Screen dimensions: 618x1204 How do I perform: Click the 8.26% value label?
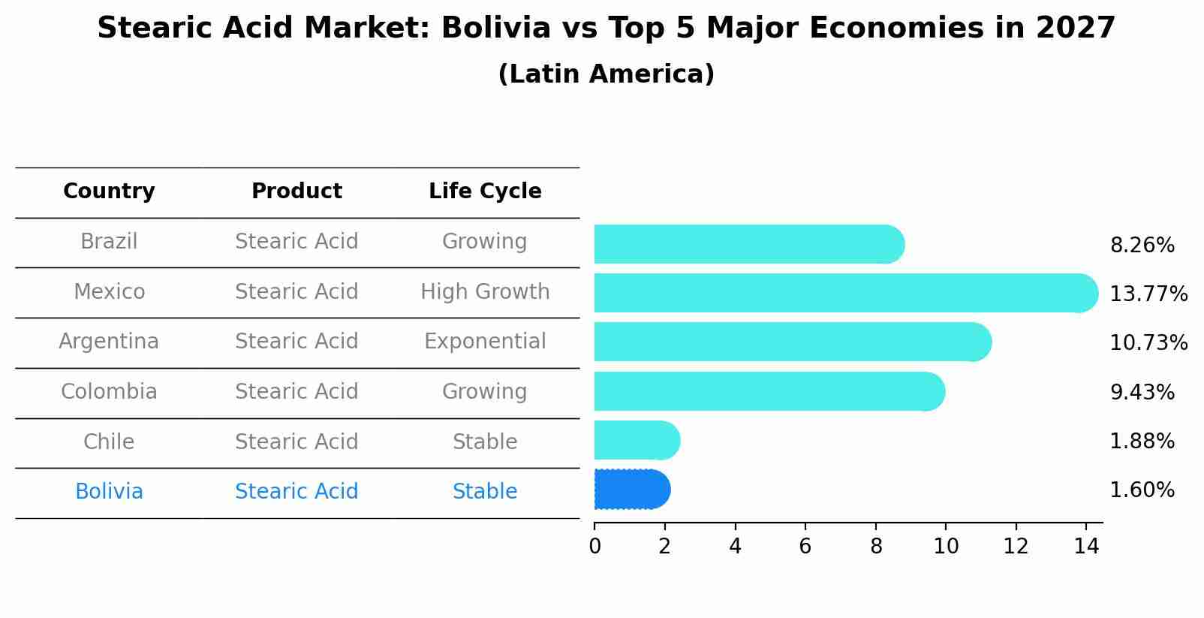pos(1142,246)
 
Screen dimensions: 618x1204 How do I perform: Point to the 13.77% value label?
pos(1148,294)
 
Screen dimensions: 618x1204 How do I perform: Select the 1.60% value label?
pos(1142,490)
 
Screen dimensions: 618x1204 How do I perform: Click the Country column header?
pos(109,191)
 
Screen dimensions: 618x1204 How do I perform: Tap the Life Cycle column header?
pos(485,191)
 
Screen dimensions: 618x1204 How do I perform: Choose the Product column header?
pos(296,191)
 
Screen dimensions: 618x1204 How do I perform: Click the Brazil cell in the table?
pos(109,242)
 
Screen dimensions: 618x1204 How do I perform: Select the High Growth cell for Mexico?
pos(485,291)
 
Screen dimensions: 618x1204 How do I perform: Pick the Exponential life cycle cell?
pos(485,342)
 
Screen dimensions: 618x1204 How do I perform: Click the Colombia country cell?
pos(109,392)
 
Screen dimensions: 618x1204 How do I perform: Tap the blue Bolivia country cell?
pos(109,492)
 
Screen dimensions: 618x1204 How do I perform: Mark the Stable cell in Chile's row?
pos(485,442)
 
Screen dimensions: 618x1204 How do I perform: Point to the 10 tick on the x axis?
pos(946,547)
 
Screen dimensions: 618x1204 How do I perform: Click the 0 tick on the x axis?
pos(594,547)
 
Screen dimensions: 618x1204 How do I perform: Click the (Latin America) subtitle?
pos(606,74)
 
